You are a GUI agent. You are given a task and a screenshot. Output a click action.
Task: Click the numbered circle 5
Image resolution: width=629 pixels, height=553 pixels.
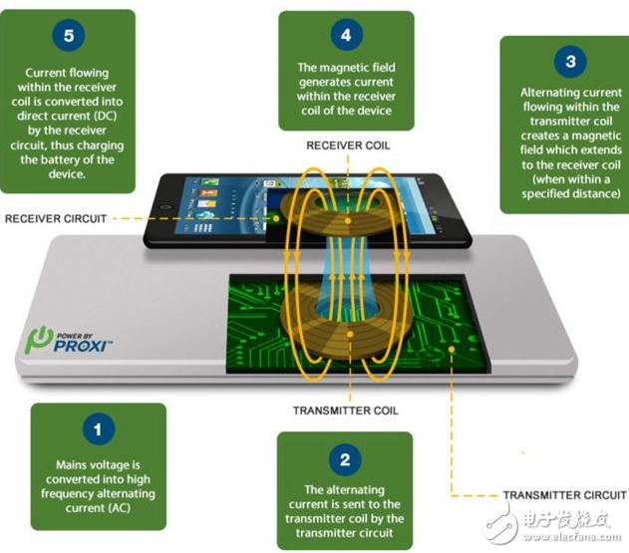tap(69, 35)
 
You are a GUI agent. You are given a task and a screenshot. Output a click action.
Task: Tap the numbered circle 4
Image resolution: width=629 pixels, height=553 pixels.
tap(347, 35)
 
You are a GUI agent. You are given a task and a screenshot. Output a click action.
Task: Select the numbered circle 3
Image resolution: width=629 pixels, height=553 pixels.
tap(570, 62)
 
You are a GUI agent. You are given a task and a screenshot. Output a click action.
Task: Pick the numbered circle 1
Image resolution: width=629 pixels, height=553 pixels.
tap(99, 429)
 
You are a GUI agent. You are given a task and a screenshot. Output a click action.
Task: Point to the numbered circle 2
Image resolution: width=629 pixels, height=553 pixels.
tap(345, 459)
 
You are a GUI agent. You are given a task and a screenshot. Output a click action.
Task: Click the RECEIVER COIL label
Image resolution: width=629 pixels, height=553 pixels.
tap(348, 145)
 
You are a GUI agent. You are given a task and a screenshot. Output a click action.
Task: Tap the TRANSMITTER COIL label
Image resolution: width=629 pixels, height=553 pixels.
tap(346, 411)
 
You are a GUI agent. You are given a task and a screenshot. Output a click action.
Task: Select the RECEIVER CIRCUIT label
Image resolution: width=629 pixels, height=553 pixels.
tap(56, 219)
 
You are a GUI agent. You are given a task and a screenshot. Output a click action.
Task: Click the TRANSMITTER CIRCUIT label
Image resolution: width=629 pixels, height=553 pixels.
tap(565, 495)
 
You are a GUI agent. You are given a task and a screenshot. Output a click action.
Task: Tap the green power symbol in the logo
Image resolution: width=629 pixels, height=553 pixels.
tap(39, 339)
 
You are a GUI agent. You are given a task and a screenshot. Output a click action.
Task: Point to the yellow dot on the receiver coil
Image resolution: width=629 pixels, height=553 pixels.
tap(348, 221)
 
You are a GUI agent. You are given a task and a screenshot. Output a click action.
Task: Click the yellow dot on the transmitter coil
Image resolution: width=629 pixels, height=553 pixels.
tap(350, 334)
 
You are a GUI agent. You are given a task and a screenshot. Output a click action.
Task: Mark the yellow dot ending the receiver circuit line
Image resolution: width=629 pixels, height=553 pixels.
tap(276, 218)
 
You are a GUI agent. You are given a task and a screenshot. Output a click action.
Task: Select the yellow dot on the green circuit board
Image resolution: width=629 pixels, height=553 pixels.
tap(452, 350)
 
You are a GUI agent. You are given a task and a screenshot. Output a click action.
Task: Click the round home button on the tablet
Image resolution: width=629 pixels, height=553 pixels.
tap(164, 207)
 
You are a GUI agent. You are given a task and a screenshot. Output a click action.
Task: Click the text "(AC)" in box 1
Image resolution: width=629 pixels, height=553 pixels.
tap(119, 508)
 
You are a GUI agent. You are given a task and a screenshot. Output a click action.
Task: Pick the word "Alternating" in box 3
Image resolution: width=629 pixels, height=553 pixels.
tap(549, 93)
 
